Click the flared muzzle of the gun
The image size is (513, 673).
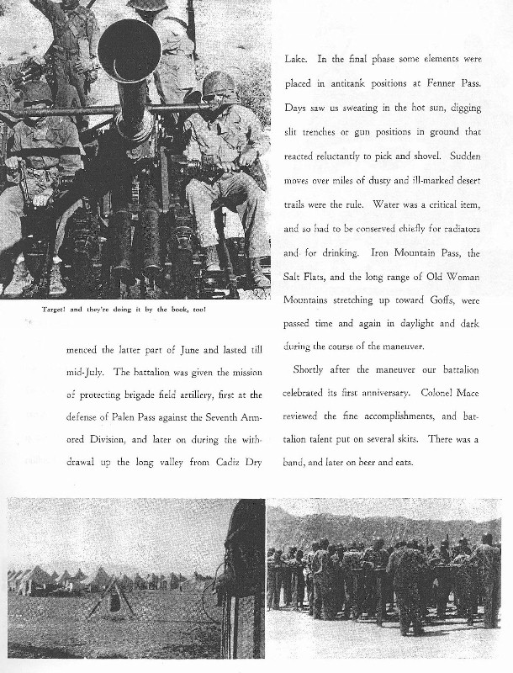pos(129,50)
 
